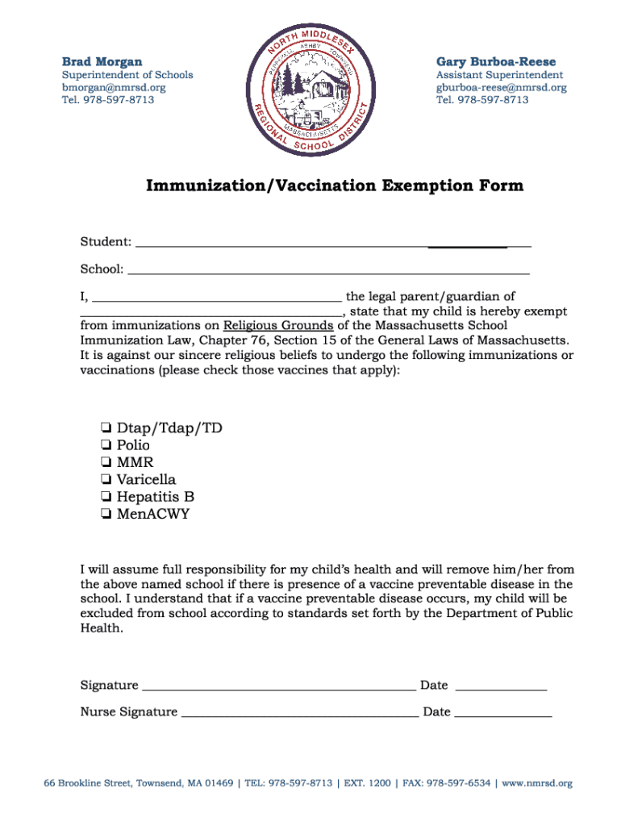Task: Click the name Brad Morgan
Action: (102, 61)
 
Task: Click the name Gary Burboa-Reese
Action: (496, 61)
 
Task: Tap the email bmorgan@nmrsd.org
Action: (114, 87)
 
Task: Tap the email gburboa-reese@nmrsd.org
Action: (501, 87)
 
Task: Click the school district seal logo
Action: (310, 89)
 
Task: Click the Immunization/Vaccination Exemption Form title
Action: (334, 186)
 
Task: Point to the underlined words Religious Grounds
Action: (278, 326)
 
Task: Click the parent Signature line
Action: (278, 686)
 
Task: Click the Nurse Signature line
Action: (299, 713)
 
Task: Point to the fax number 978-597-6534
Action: (459, 783)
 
